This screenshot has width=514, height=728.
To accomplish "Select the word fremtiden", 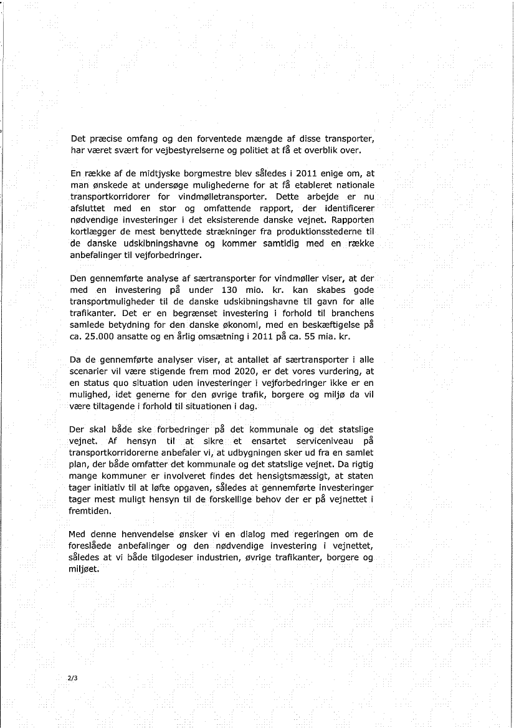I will coord(91,511).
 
